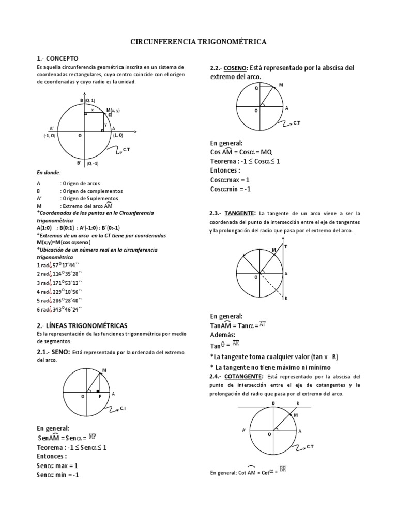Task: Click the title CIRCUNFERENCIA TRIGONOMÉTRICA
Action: pyautogui.click(x=198, y=42)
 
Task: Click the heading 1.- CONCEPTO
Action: pyautogui.click(x=57, y=58)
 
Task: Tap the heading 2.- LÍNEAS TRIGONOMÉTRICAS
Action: pyautogui.click(x=82, y=325)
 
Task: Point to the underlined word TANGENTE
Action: pyautogui.click(x=240, y=213)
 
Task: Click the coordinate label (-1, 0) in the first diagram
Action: pyautogui.click(x=49, y=136)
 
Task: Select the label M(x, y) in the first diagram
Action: pyautogui.click(x=113, y=110)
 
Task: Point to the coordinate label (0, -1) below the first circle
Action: pyautogui.click(x=93, y=164)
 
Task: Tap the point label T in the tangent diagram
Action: pyautogui.click(x=285, y=247)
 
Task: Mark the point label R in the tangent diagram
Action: pyautogui.click(x=285, y=298)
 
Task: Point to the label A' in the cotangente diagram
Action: pyautogui.click(x=244, y=430)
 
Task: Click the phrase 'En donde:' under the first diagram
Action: pyautogui.click(x=49, y=172)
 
